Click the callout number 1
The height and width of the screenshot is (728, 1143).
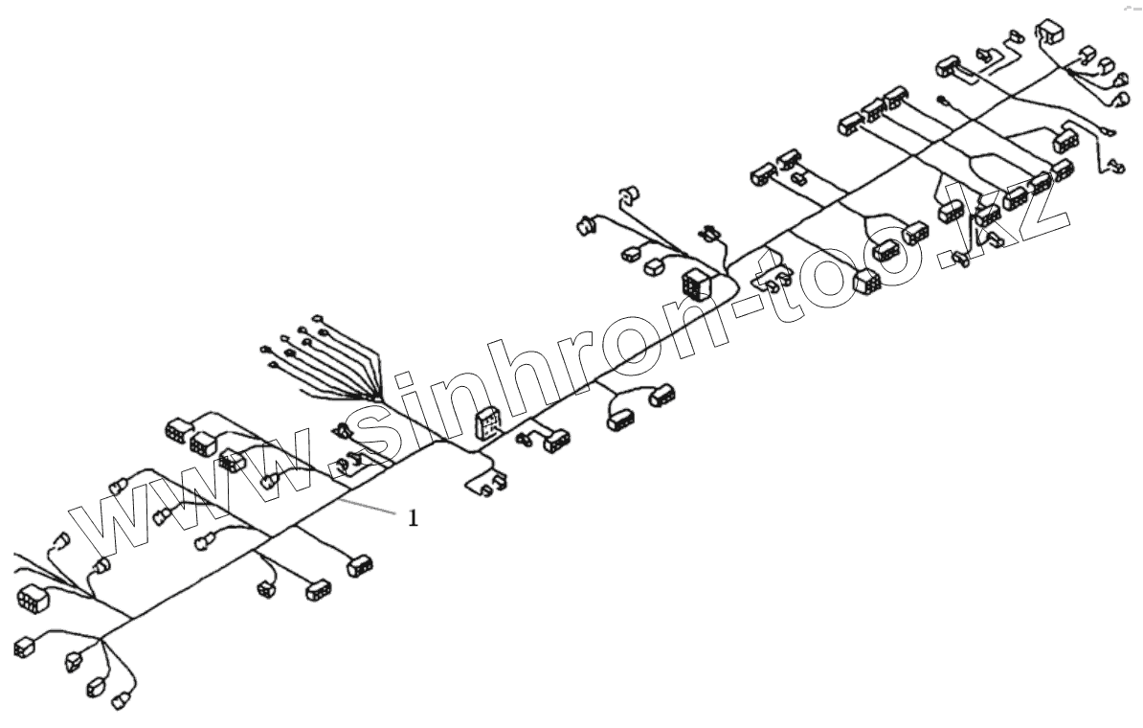point(414,518)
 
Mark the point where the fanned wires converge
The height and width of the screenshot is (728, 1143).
point(378,398)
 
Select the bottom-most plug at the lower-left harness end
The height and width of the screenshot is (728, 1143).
point(122,702)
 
